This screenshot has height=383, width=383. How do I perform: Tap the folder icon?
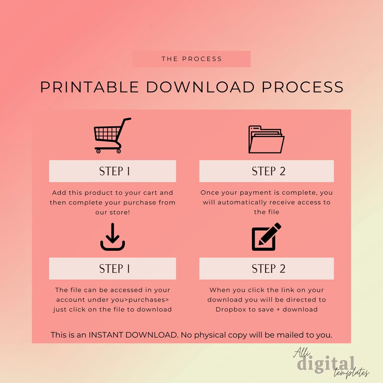[x=266, y=139]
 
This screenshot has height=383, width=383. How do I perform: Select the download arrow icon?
[x=112, y=237]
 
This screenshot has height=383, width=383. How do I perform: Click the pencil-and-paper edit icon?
[x=266, y=237]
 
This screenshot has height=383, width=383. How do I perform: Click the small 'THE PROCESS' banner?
[x=191, y=59]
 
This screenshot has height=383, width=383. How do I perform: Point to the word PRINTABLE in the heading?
[x=90, y=87]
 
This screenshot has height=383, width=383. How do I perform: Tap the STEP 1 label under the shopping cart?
[x=112, y=171]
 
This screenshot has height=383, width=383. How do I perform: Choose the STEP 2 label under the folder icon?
[x=266, y=171]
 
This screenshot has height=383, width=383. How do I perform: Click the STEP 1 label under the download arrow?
[x=112, y=268]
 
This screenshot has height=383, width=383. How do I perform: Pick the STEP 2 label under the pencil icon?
[x=266, y=268]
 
